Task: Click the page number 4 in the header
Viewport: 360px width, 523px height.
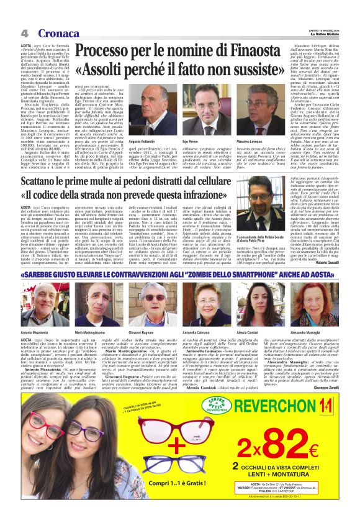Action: (24, 33)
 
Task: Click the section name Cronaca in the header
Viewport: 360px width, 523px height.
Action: (58, 33)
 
